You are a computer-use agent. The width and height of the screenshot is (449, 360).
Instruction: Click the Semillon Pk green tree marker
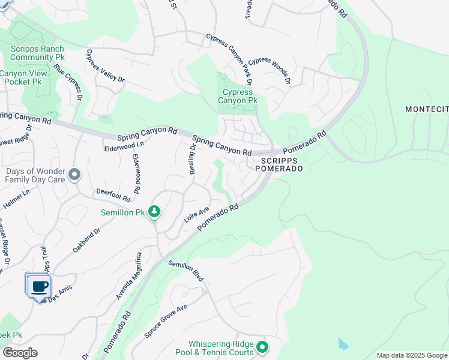(155, 211)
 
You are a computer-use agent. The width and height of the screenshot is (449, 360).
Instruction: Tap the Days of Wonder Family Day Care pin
(74, 175)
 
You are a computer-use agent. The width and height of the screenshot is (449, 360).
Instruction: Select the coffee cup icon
(40, 286)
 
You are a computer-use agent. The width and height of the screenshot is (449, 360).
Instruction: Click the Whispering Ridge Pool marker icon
(262, 347)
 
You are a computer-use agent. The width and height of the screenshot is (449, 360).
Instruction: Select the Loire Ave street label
(196, 216)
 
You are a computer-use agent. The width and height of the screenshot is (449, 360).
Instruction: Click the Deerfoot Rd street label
(113, 194)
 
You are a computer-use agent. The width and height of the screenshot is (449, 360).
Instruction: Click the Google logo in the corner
(20, 353)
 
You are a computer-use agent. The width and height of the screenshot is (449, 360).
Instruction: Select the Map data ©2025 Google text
(411, 355)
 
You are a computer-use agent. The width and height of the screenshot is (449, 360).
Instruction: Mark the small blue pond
(342, 344)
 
